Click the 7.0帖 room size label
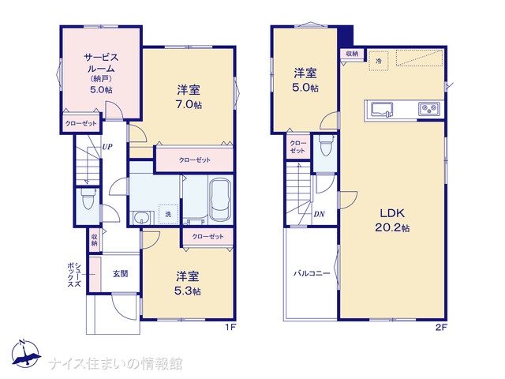(189, 104)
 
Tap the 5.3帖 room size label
(188, 291)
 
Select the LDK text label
(392, 213)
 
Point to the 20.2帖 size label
(392, 228)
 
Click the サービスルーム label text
(101, 63)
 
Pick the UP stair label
(107, 147)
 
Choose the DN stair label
(319, 214)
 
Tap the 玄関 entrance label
(121, 274)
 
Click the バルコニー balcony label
(312, 274)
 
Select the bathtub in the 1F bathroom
(220, 200)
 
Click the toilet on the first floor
(88, 199)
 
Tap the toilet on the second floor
(326, 146)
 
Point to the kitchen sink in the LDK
(382, 110)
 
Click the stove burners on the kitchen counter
(429, 109)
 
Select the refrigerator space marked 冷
(379, 60)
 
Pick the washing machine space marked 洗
(168, 214)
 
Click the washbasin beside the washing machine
(140, 218)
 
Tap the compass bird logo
(25, 354)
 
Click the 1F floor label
(230, 328)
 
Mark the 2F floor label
(441, 328)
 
